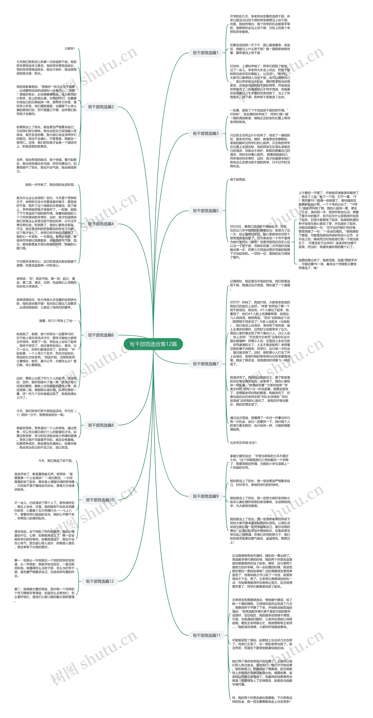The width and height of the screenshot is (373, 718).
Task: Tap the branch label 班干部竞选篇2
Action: pyautogui.click(x=101, y=107)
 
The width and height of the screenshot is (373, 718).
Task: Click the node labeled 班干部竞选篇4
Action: pyautogui.click(x=101, y=224)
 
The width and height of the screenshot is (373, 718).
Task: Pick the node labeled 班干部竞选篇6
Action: pyautogui.click(x=101, y=335)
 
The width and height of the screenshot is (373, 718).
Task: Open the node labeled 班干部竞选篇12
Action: pyautogui.click(x=100, y=581)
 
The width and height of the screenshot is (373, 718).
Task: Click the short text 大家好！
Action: pyautogui.click(x=70, y=48)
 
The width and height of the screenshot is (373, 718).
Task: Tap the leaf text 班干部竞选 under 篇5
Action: pyautogui.click(x=237, y=179)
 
